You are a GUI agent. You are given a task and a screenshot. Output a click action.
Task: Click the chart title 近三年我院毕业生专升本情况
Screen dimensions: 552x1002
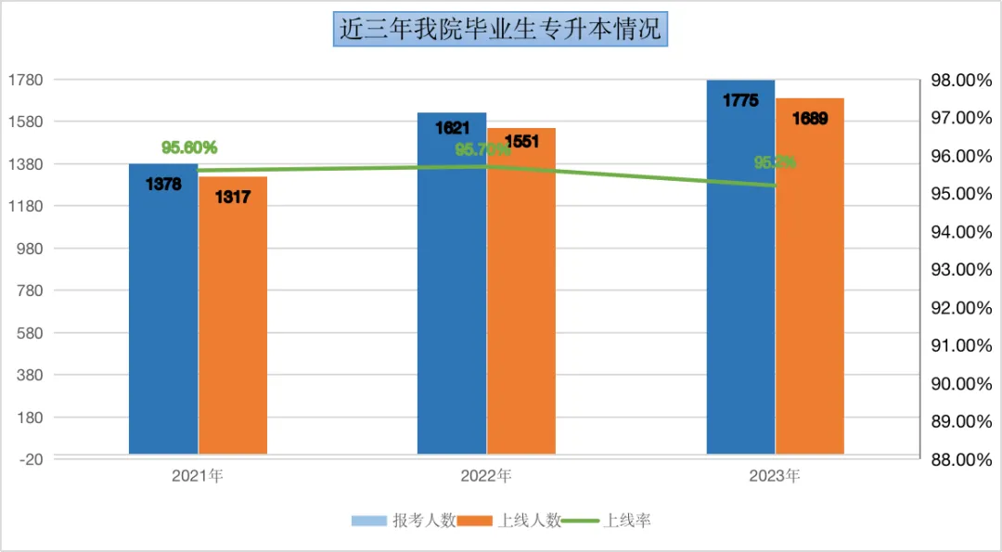pyautogui.click(x=500, y=29)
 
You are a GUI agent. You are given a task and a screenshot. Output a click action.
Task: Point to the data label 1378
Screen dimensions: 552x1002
pyautogui.click(x=163, y=184)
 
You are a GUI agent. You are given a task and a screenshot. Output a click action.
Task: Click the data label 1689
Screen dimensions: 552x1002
pyautogui.click(x=810, y=118)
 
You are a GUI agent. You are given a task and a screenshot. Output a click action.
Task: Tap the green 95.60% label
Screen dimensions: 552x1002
pyautogui.click(x=189, y=148)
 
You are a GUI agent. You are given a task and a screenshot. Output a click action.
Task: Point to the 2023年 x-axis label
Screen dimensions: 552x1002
pyautogui.click(x=775, y=477)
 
